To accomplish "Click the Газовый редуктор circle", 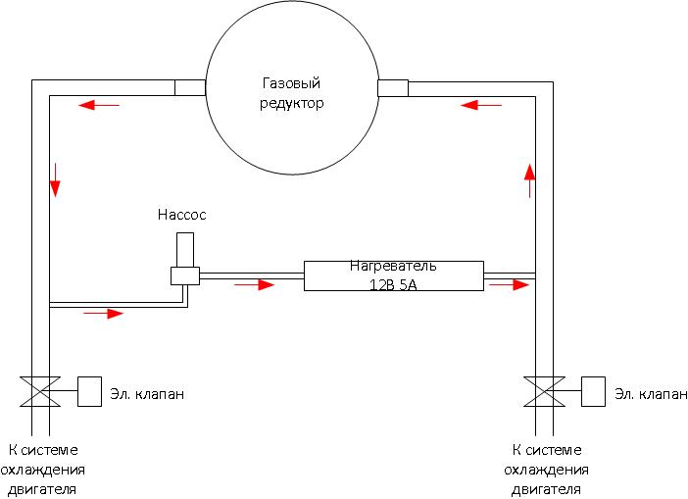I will pos(292,94).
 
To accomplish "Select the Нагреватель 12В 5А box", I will pos(393,274).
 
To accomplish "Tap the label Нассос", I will pos(182,214).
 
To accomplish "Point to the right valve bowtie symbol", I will pos(543,392).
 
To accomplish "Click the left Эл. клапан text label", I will pos(147,394).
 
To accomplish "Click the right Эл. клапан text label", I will pos(650,394).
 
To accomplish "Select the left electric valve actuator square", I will pos(90,392).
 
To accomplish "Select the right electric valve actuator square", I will pos(594,392).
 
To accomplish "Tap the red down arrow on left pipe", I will pos(56,177).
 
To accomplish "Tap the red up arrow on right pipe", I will pos(529,180).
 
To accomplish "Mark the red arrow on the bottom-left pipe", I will pos(103,314).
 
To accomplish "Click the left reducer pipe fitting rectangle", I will pos(190,87).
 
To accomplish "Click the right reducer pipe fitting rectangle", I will pos(392,87).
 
